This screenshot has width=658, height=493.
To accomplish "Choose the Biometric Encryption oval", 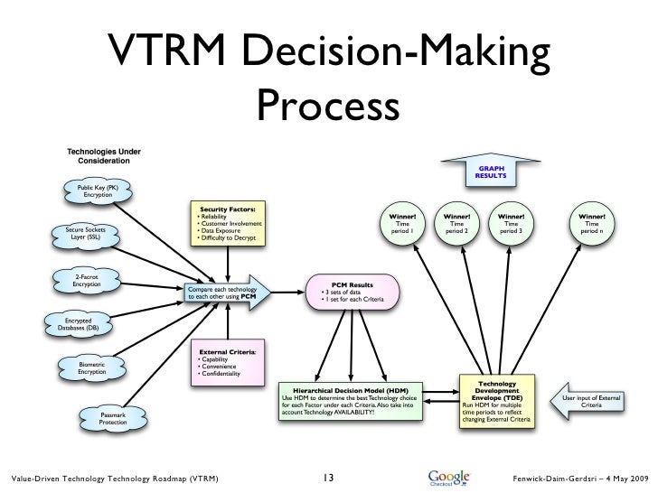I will tap(91, 367).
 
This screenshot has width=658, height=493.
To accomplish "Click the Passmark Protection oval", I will tap(112, 418).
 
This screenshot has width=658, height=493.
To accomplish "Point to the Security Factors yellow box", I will tap(226, 224).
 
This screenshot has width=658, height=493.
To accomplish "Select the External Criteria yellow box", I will tap(227, 362).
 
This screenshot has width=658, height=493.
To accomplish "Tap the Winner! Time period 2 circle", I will tap(456, 224).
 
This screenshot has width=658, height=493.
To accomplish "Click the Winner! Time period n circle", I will tap(593, 224).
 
